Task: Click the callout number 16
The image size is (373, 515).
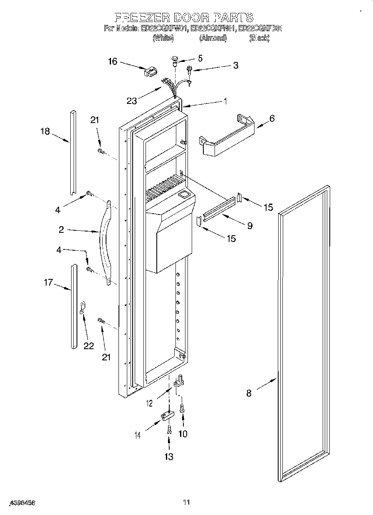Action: click(113, 61)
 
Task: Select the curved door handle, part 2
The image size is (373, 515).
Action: click(105, 243)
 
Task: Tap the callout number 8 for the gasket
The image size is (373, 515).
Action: click(249, 393)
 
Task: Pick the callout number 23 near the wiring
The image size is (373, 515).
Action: click(131, 100)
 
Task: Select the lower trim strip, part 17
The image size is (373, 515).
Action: click(74, 306)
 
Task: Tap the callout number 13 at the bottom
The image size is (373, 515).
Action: click(168, 456)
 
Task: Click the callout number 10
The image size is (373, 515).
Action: click(183, 434)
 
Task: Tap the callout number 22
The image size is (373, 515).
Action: click(89, 345)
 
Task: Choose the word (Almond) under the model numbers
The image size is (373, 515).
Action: click(212, 38)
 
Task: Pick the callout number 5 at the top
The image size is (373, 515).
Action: click(200, 58)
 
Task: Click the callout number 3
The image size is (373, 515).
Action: click(235, 65)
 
